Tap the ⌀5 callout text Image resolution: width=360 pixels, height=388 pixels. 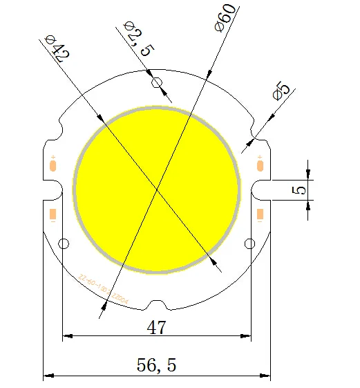(282, 91)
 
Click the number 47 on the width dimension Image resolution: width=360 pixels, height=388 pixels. (157, 327)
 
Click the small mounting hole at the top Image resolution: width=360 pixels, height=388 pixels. (158, 84)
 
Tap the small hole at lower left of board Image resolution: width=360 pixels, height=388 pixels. (64, 243)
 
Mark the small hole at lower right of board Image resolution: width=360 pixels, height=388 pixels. (252, 243)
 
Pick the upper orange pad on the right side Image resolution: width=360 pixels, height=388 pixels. (260, 165)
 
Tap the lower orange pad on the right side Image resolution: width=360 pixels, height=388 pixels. (260, 215)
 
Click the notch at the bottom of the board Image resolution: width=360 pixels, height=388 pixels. (158, 305)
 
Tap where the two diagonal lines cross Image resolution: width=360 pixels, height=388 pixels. (158, 188)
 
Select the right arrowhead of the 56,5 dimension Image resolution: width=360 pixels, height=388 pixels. (267, 376)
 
